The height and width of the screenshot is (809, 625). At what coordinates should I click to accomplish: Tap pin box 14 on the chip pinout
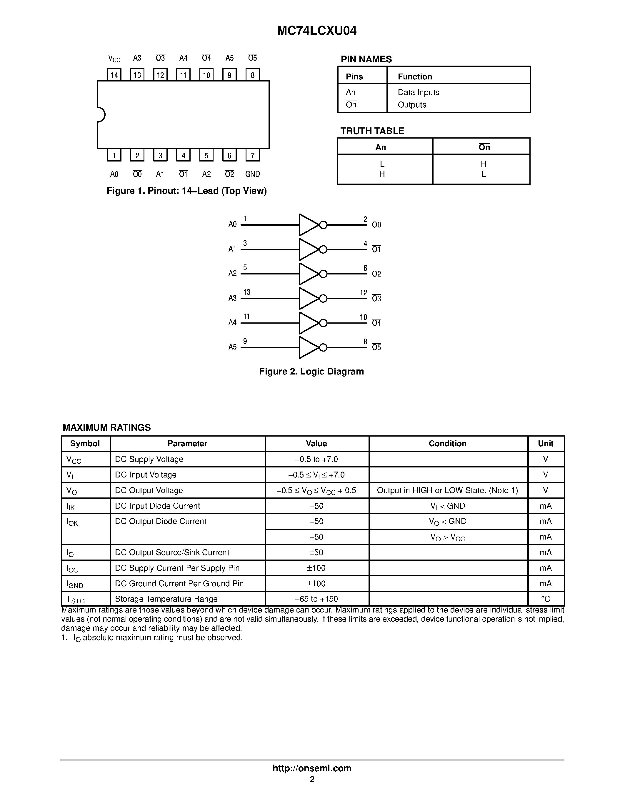point(114,74)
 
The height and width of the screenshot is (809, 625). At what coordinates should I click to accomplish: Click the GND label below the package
point(253,174)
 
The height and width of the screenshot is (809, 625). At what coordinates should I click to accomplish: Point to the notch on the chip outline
point(101,114)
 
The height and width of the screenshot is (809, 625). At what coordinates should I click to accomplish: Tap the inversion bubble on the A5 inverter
point(323,347)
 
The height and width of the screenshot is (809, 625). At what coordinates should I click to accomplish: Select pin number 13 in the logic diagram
point(246,292)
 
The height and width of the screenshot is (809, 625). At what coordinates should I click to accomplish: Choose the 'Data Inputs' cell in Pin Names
point(419,92)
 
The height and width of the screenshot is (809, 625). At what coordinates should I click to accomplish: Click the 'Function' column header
point(415,77)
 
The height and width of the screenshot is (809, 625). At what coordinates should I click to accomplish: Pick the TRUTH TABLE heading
point(372,131)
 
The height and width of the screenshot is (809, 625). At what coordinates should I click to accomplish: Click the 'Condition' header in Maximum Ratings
point(447,443)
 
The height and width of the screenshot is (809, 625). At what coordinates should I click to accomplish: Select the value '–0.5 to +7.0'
point(316,459)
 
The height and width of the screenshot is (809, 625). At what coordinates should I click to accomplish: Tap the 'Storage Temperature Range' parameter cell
point(166,599)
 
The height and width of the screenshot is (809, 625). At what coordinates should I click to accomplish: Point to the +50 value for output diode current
point(316,537)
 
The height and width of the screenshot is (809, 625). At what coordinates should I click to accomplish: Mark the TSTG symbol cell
point(76,599)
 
